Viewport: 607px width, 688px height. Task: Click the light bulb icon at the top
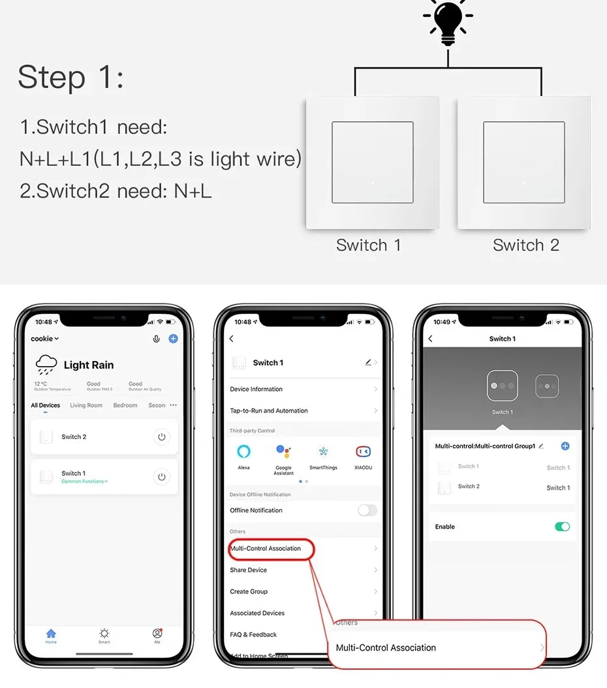[448, 22]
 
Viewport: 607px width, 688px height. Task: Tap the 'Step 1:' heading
[70, 77]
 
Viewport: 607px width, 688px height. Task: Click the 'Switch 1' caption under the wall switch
[368, 245]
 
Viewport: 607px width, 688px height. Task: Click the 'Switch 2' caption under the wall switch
[525, 245]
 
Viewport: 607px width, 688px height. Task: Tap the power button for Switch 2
[162, 437]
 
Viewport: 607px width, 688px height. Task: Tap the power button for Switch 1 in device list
[162, 477]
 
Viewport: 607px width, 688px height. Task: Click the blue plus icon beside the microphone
[173, 339]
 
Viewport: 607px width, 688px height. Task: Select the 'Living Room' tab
[86, 405]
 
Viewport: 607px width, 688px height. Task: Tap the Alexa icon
[243, 451]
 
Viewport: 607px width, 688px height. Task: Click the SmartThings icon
[323, 451]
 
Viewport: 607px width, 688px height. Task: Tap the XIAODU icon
[363, 451]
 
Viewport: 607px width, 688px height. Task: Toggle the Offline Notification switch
[367, 510]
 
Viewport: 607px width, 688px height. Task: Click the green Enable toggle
[562, 527]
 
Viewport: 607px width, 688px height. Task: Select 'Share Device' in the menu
[249, 570]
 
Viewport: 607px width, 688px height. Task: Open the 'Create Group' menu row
[249, 591]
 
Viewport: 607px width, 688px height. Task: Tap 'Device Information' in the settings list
[257, 389]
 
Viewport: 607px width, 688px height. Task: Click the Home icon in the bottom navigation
[51, 634]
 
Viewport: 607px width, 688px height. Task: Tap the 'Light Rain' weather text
[89, 365]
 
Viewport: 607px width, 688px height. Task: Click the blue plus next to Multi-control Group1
[565, 446]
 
